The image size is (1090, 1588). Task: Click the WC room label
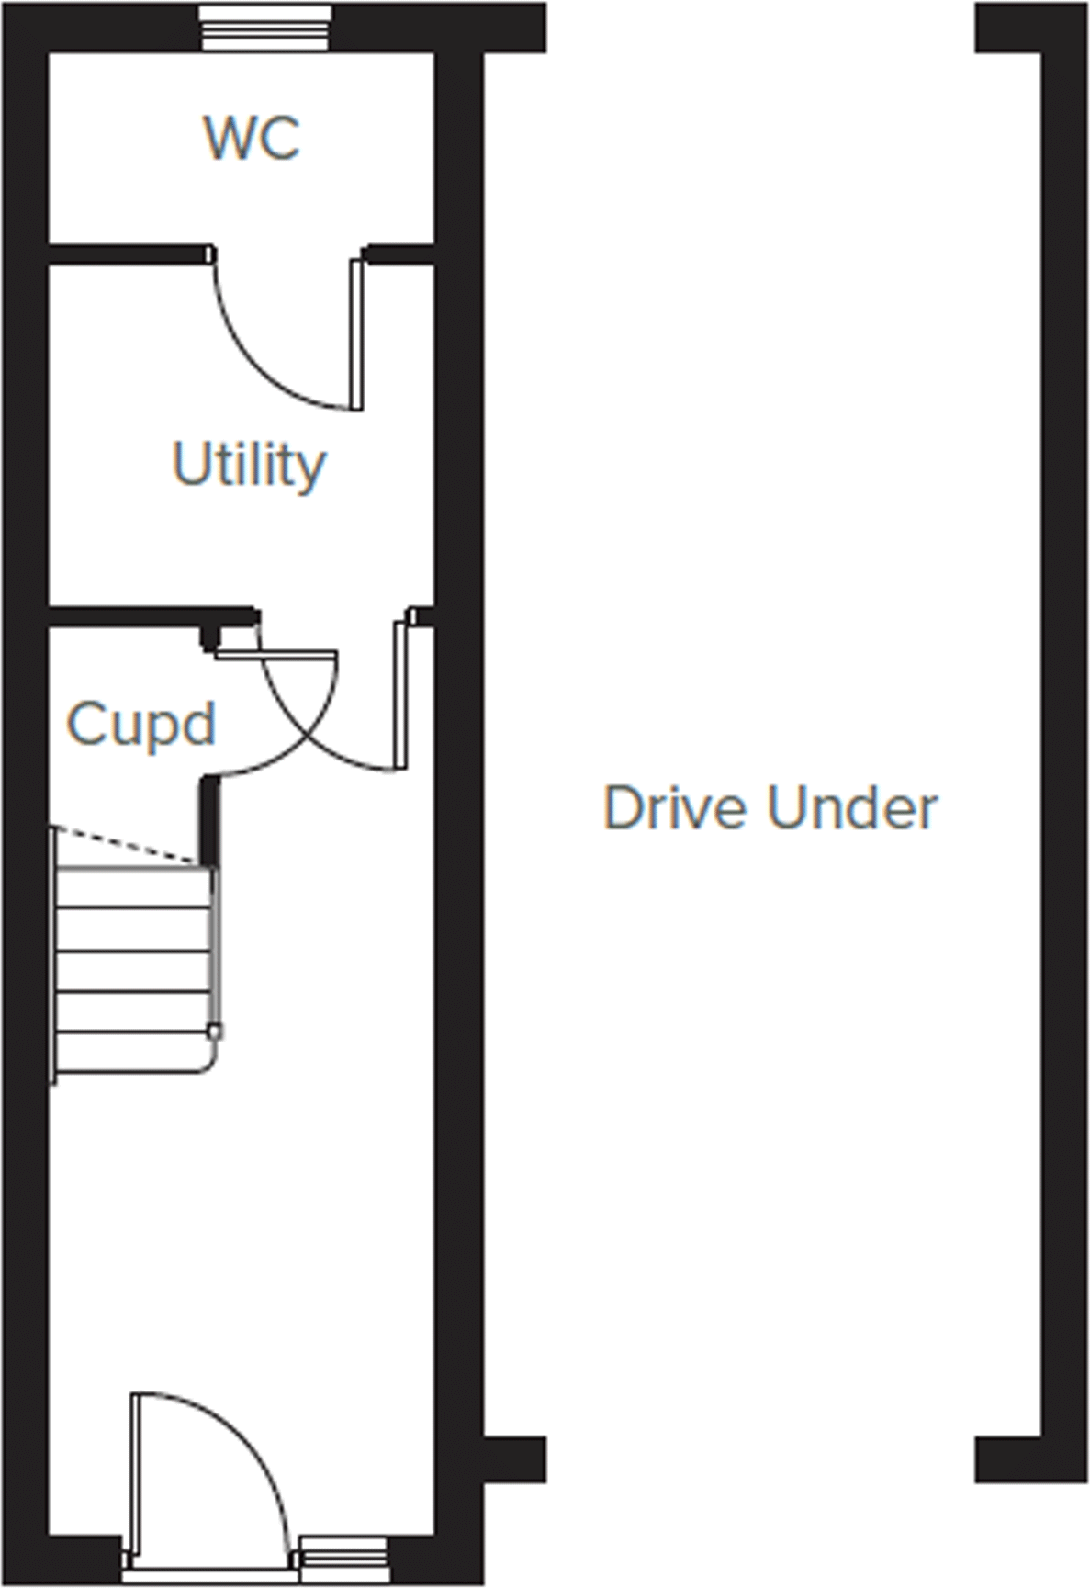tap(251, 138)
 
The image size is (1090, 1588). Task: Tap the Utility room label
tap(249, 464)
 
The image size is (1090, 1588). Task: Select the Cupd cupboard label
tap(140, 724)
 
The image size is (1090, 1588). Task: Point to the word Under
tap(852, 808)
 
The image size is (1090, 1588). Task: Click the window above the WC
tap(264, 28)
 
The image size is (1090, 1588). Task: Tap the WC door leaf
tap(356, 334)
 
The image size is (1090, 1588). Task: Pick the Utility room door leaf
tap(400, 694)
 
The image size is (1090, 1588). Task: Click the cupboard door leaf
tap(276, 654)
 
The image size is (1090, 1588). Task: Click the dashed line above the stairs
tap(125, 845)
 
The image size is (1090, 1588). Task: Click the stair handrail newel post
tap(215, 1031)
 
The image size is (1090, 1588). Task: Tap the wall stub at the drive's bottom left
tap(515, 1459)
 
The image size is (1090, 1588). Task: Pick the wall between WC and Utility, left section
tap(126, 253)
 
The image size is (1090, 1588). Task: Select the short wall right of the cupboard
tap(210, 820)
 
